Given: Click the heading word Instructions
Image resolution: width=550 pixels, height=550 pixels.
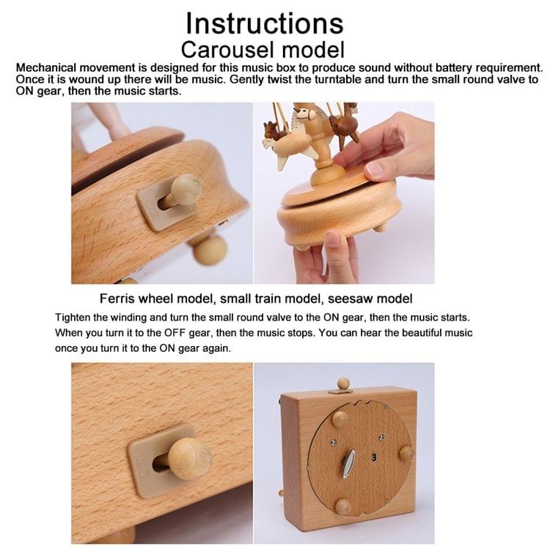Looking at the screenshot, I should [264, 23].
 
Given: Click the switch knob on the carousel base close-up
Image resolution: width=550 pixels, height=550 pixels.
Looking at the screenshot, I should [183, 191].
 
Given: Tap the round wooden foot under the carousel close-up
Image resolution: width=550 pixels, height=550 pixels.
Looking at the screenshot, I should [210, 249].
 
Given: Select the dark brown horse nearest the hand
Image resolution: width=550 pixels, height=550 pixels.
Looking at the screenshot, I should [344, 126].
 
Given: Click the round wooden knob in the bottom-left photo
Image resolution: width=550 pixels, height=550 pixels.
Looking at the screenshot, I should [188, 458].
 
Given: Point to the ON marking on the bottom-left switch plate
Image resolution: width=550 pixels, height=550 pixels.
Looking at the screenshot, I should [143, 464].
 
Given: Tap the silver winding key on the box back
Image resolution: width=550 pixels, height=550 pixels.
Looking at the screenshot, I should [350, 464].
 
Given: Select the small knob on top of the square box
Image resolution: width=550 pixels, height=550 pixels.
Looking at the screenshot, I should [342, 384].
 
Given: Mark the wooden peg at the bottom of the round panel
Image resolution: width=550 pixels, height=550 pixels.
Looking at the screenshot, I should [342, 506].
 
